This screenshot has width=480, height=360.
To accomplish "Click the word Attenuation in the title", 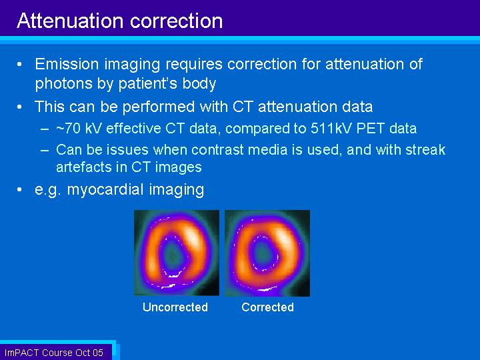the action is [71, 21].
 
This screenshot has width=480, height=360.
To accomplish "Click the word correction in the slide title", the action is [176, 21].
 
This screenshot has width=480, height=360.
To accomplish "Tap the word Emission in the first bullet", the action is [67, 64].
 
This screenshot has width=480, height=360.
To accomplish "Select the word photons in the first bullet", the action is [64, 84].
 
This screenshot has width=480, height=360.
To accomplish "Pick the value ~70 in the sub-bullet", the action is [68, 128].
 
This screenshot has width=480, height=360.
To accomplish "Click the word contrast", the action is [215, 150].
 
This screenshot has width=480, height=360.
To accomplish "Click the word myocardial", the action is [105, 190].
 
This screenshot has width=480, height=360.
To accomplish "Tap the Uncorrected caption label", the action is [175, 307].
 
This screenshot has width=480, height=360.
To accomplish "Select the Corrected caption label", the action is [267, 307].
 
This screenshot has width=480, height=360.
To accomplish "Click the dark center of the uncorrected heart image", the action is [172, 255].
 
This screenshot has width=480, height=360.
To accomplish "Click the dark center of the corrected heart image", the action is [263, 253].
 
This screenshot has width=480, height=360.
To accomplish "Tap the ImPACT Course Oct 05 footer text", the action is [54, 353].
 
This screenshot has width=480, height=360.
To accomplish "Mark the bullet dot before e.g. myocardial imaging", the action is [19, 190].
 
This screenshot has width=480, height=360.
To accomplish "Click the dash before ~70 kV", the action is [45, 129].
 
